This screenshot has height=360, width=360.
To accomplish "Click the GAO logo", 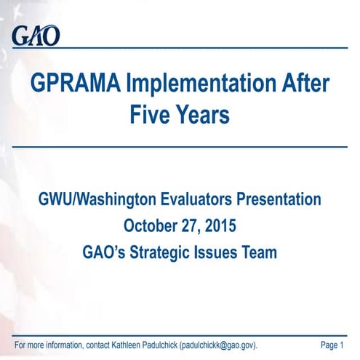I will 35,35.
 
